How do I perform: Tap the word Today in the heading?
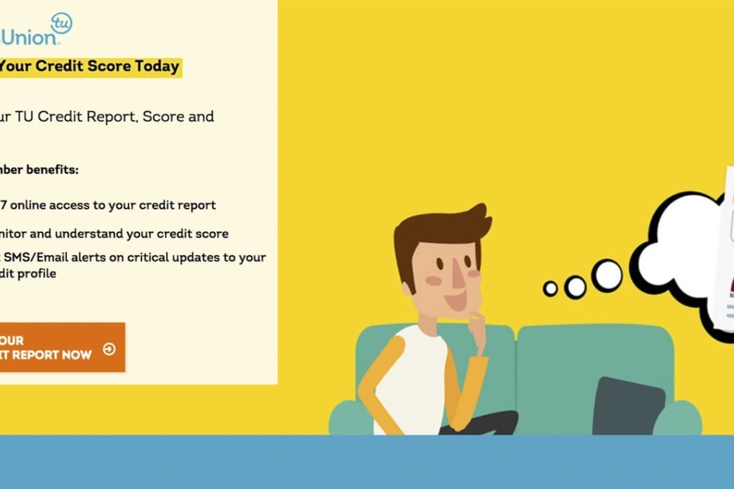tap(157, 66)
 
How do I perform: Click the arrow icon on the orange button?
tap(109, 349)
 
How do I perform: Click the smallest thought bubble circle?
tap(550, 288)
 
